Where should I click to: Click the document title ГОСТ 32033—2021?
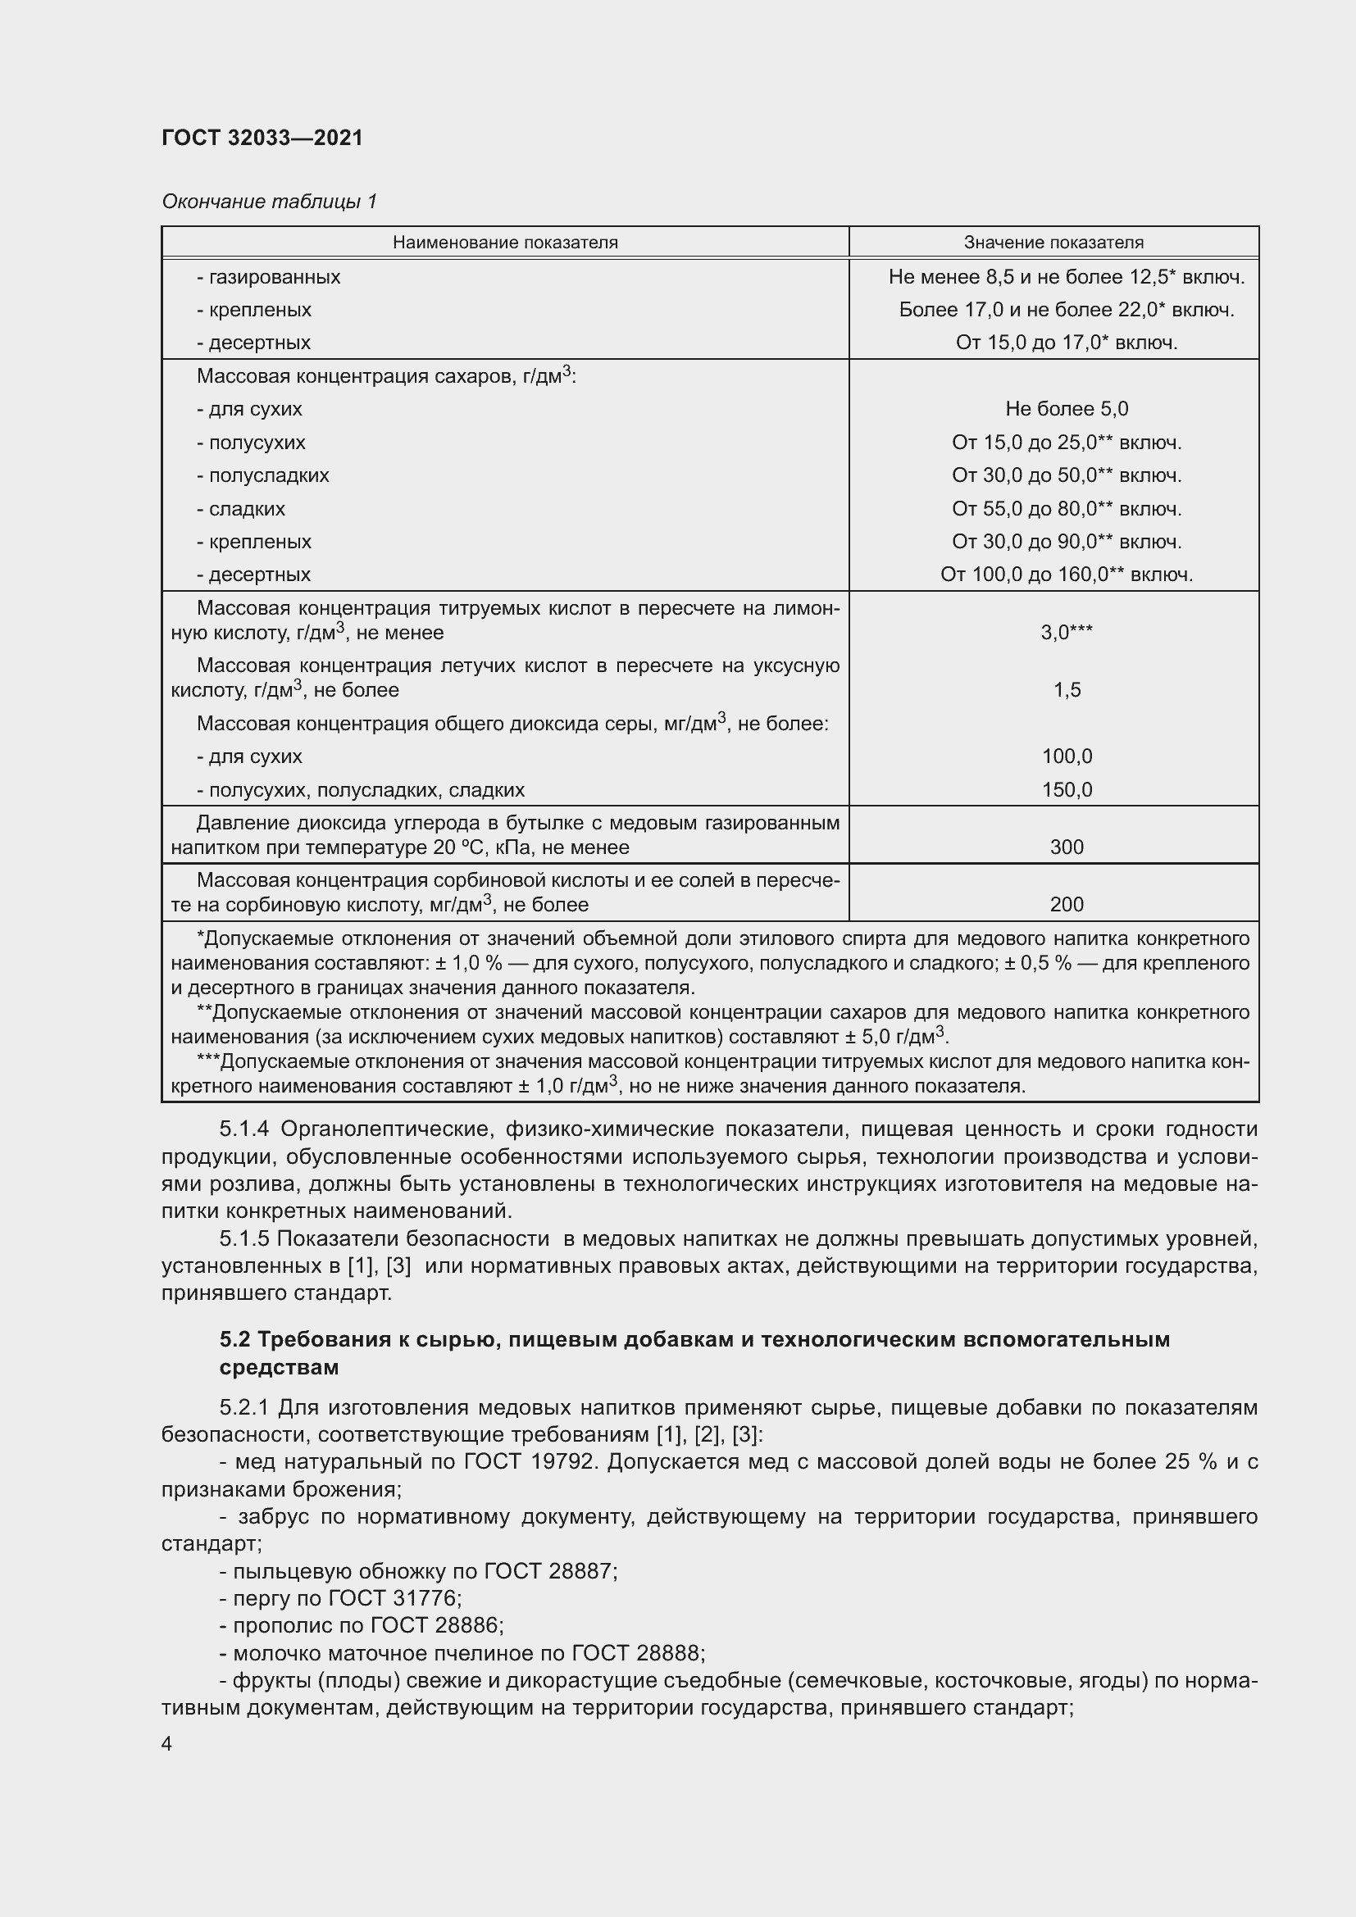(x=262, y=138)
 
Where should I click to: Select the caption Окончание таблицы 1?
(x=269, y=202)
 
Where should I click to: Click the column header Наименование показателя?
(x=505, y=242)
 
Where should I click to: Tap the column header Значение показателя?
(x=1053, y=242)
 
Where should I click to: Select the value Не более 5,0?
(x=1067, y=409)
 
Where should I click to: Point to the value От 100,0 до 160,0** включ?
(x=1067, y=575)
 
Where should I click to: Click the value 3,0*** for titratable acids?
(x=1067, y=633)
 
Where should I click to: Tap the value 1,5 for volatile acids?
(x=1067, y=690)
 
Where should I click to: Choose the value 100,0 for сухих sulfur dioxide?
(x=1067, y=756)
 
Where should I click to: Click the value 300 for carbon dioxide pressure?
(x=1067, y=847)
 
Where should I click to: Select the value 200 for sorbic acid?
(x=1067, y=905)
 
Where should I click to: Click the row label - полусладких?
(x=263, y=475)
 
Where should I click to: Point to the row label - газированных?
(x=268, y=276)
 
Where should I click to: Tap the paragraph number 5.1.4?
(x=243, y=1129)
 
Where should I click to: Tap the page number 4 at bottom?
(x=167, y=1744)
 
